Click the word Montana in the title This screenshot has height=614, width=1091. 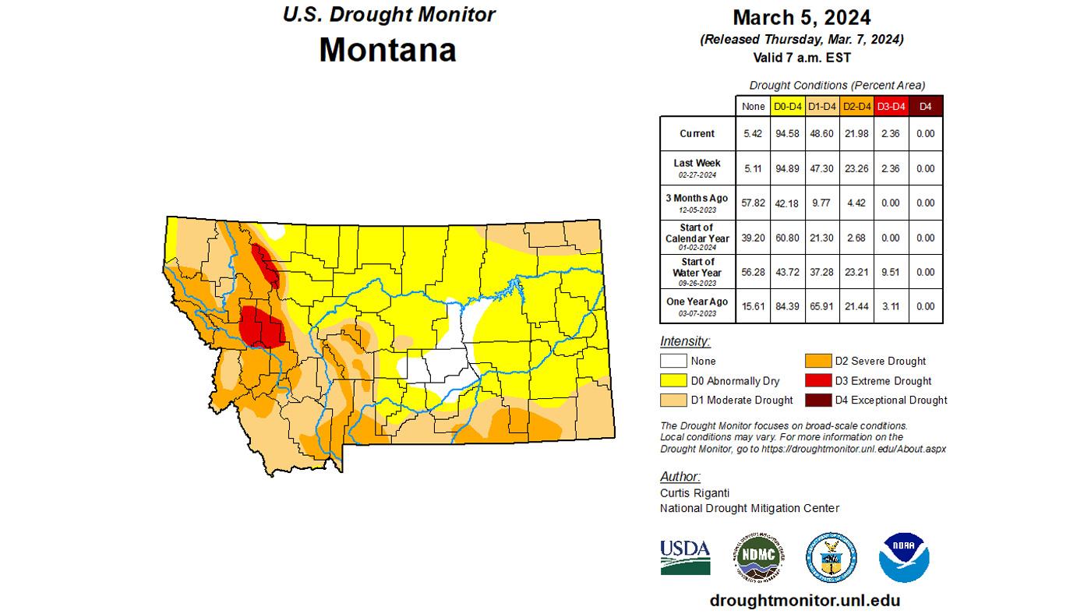(387, 50)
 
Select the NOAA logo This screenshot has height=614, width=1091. (904, 557)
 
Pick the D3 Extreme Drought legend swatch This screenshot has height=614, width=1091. (818, 381)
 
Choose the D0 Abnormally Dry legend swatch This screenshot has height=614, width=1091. (673, 381)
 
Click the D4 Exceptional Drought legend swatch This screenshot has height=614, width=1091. (818, 401)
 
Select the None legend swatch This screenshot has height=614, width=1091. (673, 362)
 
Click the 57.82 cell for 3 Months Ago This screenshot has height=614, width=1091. (753, 203)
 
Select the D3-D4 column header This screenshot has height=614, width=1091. (890, 106)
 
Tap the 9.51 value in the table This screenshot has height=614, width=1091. (890, 272)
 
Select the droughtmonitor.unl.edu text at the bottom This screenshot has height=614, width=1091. (805, 601)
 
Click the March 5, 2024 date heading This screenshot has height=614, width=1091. (801, 18)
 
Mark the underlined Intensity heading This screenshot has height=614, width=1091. (685, 341)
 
